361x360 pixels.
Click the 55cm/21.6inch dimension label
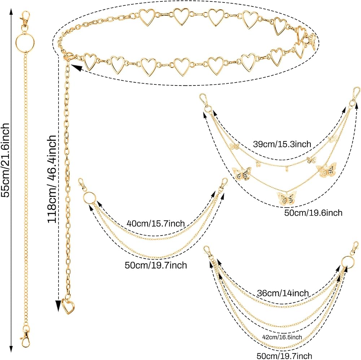pos(5,160)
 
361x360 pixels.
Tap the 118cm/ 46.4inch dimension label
pos(52,179)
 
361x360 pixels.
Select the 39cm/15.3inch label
pos(282,144)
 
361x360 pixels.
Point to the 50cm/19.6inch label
pos(313,212)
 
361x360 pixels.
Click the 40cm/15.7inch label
pos(156,223)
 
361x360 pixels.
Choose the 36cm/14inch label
pos(283,293)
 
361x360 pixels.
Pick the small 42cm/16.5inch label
pos(282,337)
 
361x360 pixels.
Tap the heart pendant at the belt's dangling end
pos(68,306)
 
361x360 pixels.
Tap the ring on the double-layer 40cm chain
pos(88,198)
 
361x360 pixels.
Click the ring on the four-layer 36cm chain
pos(347,261)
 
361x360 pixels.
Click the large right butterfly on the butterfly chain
pos(326,170)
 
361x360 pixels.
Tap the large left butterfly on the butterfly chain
pos(242,173)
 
